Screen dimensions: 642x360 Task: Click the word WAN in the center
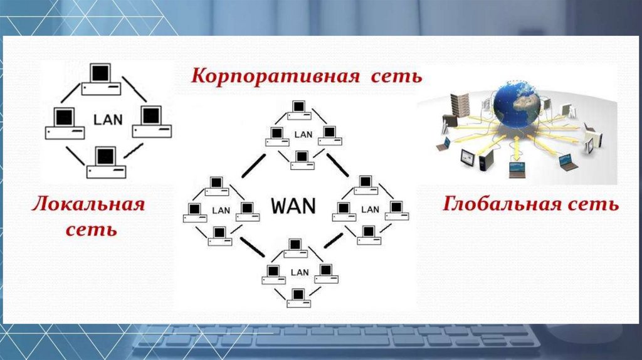click(x=294, y=205)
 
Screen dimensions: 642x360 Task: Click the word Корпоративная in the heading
click(x=275, y=77)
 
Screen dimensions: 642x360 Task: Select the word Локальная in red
click(x=88, y=204)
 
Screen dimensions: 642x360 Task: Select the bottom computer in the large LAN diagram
click(x=106, y=161)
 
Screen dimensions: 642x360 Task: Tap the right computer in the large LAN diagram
click(x=152, y=122)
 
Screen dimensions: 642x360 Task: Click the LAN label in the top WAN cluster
click(x=303, y=134)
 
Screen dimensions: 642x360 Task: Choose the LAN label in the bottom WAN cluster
click(x=300, y=272)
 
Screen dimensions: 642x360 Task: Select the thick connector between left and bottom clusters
click(x=252, y=247)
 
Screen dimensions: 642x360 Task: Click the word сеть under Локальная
click(x=92, y=230)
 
